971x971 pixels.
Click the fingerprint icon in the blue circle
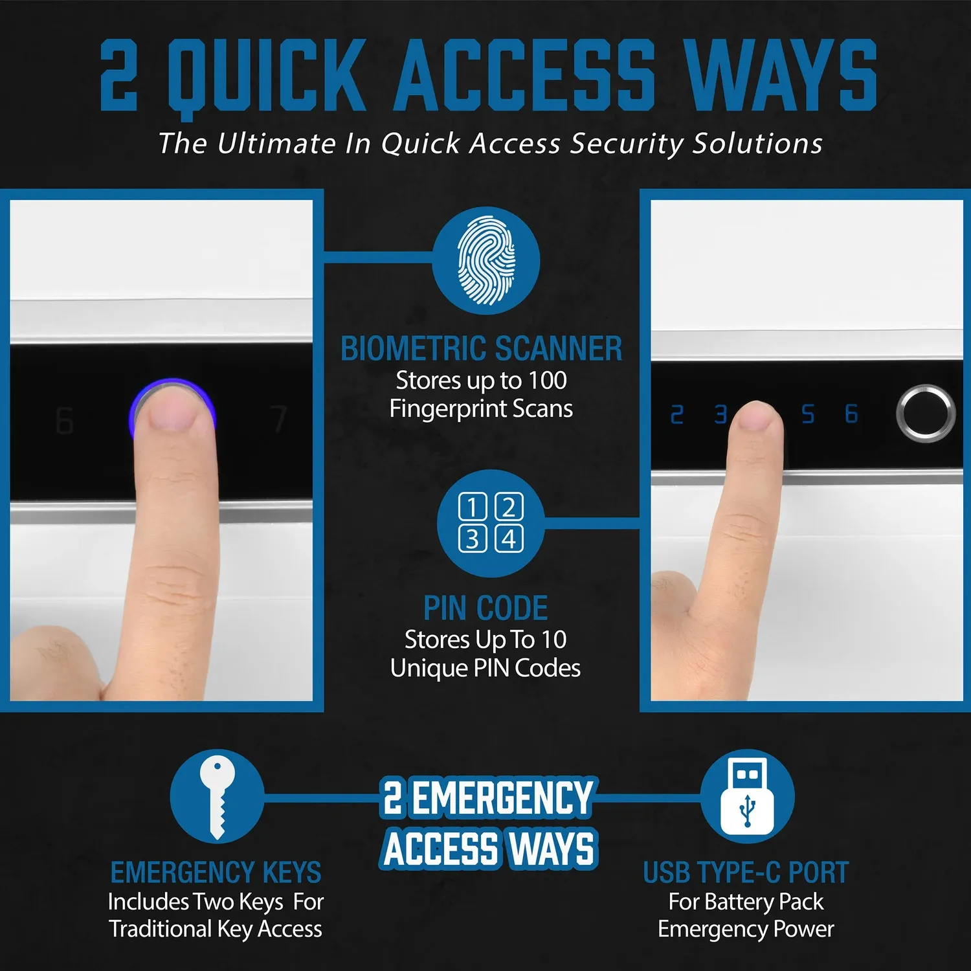(486, 260)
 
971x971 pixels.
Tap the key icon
(217, 798)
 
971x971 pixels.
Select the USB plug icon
(748, 796)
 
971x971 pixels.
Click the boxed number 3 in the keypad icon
(472, 539)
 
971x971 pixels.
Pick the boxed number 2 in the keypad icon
(509, 507)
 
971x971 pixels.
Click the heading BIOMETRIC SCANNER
(482, 348)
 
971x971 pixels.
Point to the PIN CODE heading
(485, 608)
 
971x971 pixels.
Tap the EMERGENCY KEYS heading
(216, 873)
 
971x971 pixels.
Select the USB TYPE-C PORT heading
(746, 873)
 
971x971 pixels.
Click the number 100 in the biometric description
(548, 380)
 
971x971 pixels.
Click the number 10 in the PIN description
(553, 640)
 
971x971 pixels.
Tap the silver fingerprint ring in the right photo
(926, 414)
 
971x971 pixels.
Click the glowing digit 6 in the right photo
(852, 414)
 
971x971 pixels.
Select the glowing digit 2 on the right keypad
(677, 414)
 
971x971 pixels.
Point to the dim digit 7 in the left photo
(279, 419)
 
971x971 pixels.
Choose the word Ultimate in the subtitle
(277, 143)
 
